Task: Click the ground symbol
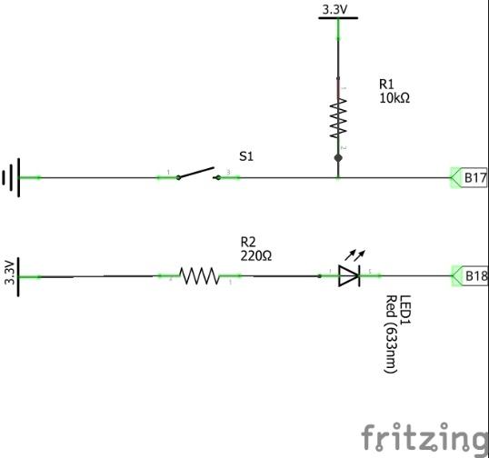point(12,177)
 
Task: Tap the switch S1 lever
point(195,173)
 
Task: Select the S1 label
point(246,156)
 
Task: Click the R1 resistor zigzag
point(338,118)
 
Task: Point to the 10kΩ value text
point(394,98)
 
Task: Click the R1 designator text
point(386,84)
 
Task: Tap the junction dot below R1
point(338,158)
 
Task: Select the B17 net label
point(469,178)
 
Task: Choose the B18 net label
point(470,276)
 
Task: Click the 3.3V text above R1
point(334,10)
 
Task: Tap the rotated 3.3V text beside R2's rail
point(10,273)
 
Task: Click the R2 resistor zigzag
point(199,276)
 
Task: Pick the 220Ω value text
point(256,256)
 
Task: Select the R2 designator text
point(248,242)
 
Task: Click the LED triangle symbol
point(349,276)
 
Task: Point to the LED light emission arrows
point(354,255)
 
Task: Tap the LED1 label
point(405,310)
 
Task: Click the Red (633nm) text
point(391,334)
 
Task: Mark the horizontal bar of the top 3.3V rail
point(338,18)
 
